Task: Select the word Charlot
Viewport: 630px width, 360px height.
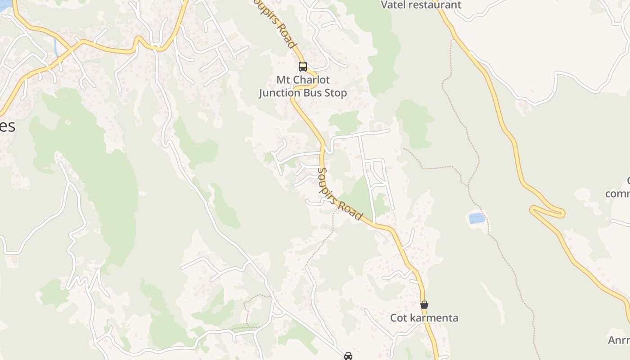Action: pyautogui.click(x=311, y=80)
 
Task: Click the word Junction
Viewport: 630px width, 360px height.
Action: pyautogui.click(x=279, y=93)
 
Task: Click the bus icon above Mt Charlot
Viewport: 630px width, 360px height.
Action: pyautogui.click(x=303, y=67)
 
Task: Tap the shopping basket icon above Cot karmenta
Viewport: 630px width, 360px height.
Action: pyautogui.click(x=424, y=305)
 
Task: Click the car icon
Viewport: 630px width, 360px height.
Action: pyautogui.click(x=348, y=356)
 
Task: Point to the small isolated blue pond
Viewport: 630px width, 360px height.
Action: pyautogui.click(x=477, y=218)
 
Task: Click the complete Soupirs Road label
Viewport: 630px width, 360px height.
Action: pyautogui.click(x=340, y=194)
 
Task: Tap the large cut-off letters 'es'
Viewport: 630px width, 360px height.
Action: pyautogui.click(x=8, y=126)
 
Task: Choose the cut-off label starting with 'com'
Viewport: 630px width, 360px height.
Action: pyautogui.click(x=618, y=194)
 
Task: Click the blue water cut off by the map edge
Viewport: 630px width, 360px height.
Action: pyautogui.click(x=4, y=4)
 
